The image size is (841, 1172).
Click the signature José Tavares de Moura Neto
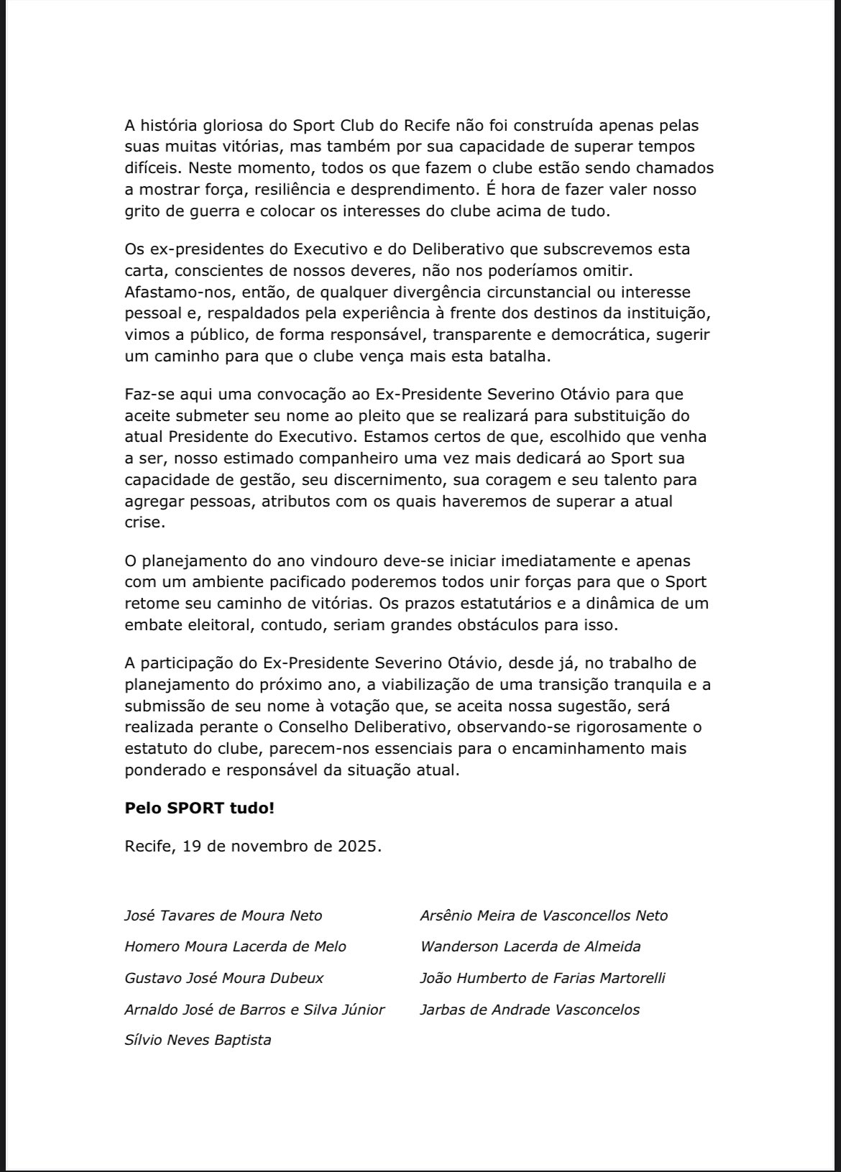pyautogui.click(x=223, y=915)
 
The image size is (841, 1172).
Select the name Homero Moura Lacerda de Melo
pyautogui.click(x=235, y=946)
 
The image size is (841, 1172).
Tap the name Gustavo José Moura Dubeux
pyautogui.click(x=224, y=978)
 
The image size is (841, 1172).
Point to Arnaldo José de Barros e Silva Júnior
pyautogui.click(x=254, y=1010)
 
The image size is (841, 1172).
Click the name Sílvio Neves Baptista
pyautogui.click(x=198, y=1040)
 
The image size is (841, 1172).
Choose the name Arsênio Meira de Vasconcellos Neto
pyautogui.click(x=543, y=915)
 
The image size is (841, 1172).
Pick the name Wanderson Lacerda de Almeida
pyautogui.click(x=530, y=946)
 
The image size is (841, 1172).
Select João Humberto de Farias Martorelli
pyautogui.click(x=543, y=978)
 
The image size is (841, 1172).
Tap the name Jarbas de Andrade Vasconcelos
pyautogui.click(x=529, y=1010)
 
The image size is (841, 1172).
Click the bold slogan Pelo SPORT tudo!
pyautogui.click(x=199, y=808)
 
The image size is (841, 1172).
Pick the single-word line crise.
pyautogui.click(x=144, y=523)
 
